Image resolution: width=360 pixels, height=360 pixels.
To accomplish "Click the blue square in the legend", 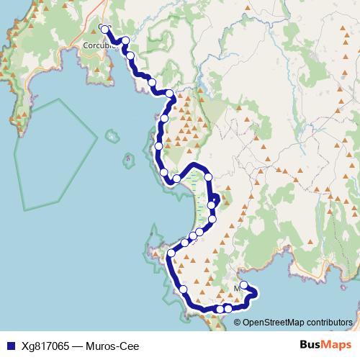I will click(8, 346).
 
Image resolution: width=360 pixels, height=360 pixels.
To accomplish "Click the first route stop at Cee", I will click(105, 30).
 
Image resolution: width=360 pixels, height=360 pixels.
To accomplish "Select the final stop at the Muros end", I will click(244, 284).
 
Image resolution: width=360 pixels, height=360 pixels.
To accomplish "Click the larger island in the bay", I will click(111, 135).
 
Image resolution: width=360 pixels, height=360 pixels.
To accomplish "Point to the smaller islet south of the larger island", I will click(128, 156).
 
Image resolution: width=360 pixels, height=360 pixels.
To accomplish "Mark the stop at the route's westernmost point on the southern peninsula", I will click(171, 253).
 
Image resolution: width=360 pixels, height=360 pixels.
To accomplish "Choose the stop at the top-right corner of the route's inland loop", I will click(209, 176).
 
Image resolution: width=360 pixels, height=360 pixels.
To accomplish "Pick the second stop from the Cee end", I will click(126, 41).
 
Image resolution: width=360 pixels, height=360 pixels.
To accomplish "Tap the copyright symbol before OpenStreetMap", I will click(238, 322).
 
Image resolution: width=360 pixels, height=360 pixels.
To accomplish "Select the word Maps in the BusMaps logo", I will click(334, 345).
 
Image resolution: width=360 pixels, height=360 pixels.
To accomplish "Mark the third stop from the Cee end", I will click(130, 55).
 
